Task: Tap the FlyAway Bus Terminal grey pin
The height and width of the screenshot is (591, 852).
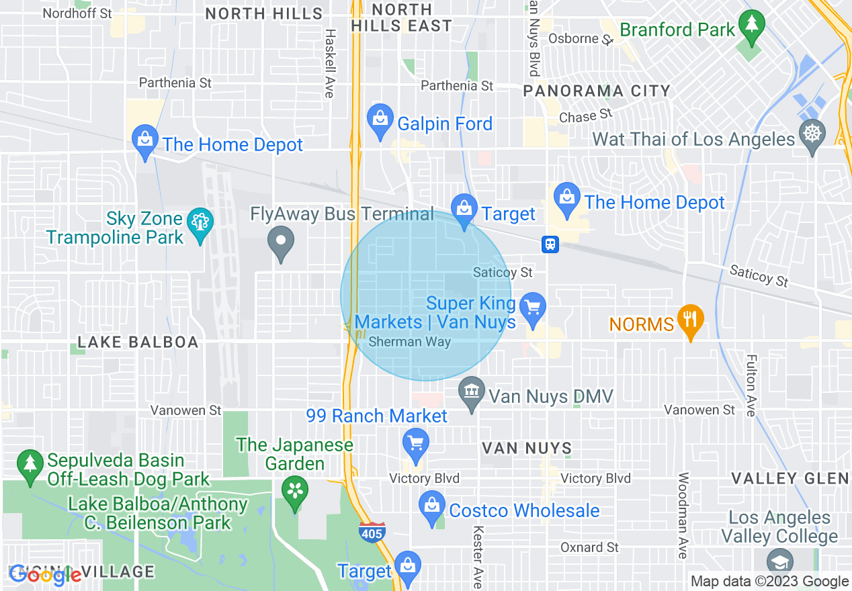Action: pos(281,242)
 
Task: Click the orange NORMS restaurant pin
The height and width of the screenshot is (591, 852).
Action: pos(690,319)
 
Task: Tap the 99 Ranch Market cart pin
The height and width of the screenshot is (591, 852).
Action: pos(416,444)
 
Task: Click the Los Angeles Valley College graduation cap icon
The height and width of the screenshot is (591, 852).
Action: pos(780,562)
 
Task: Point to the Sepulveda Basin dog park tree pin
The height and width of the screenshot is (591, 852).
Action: pos(30,464)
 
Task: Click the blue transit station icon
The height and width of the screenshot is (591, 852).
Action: pos(550,244)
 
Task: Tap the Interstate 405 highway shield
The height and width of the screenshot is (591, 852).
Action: pos(370,531)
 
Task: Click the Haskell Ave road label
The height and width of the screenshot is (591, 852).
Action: pos(329,63)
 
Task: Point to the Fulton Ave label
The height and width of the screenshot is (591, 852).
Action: pos(752,385)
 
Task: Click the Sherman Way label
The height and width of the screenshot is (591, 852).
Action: pos(410,342)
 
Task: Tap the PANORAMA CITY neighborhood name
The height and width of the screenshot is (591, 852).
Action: pos(597,91)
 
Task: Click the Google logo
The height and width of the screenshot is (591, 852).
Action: pos(45,575)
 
